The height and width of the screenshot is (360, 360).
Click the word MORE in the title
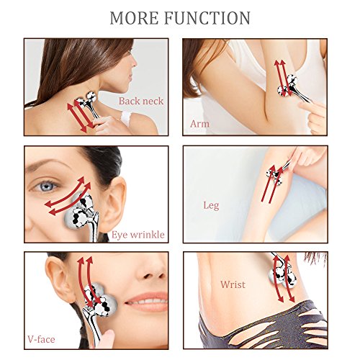pos(134,18)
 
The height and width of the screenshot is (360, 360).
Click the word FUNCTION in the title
pos(207,18)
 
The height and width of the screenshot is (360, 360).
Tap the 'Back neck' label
pos(141,101)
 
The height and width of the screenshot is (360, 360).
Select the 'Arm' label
pos(199,124)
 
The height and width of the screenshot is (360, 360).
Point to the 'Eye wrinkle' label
pos(138,235)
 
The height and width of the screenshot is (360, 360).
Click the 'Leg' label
pos(211,205)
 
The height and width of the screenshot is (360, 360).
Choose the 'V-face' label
pos(41,339)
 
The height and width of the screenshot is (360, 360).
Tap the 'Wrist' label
pos(233,284)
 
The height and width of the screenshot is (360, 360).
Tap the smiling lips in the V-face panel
pos(146,301)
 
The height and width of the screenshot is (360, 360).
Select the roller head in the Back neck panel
pos(86,99)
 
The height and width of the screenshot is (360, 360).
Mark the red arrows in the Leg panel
pos(272,184)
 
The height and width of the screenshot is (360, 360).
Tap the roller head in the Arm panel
pos(287,86)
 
